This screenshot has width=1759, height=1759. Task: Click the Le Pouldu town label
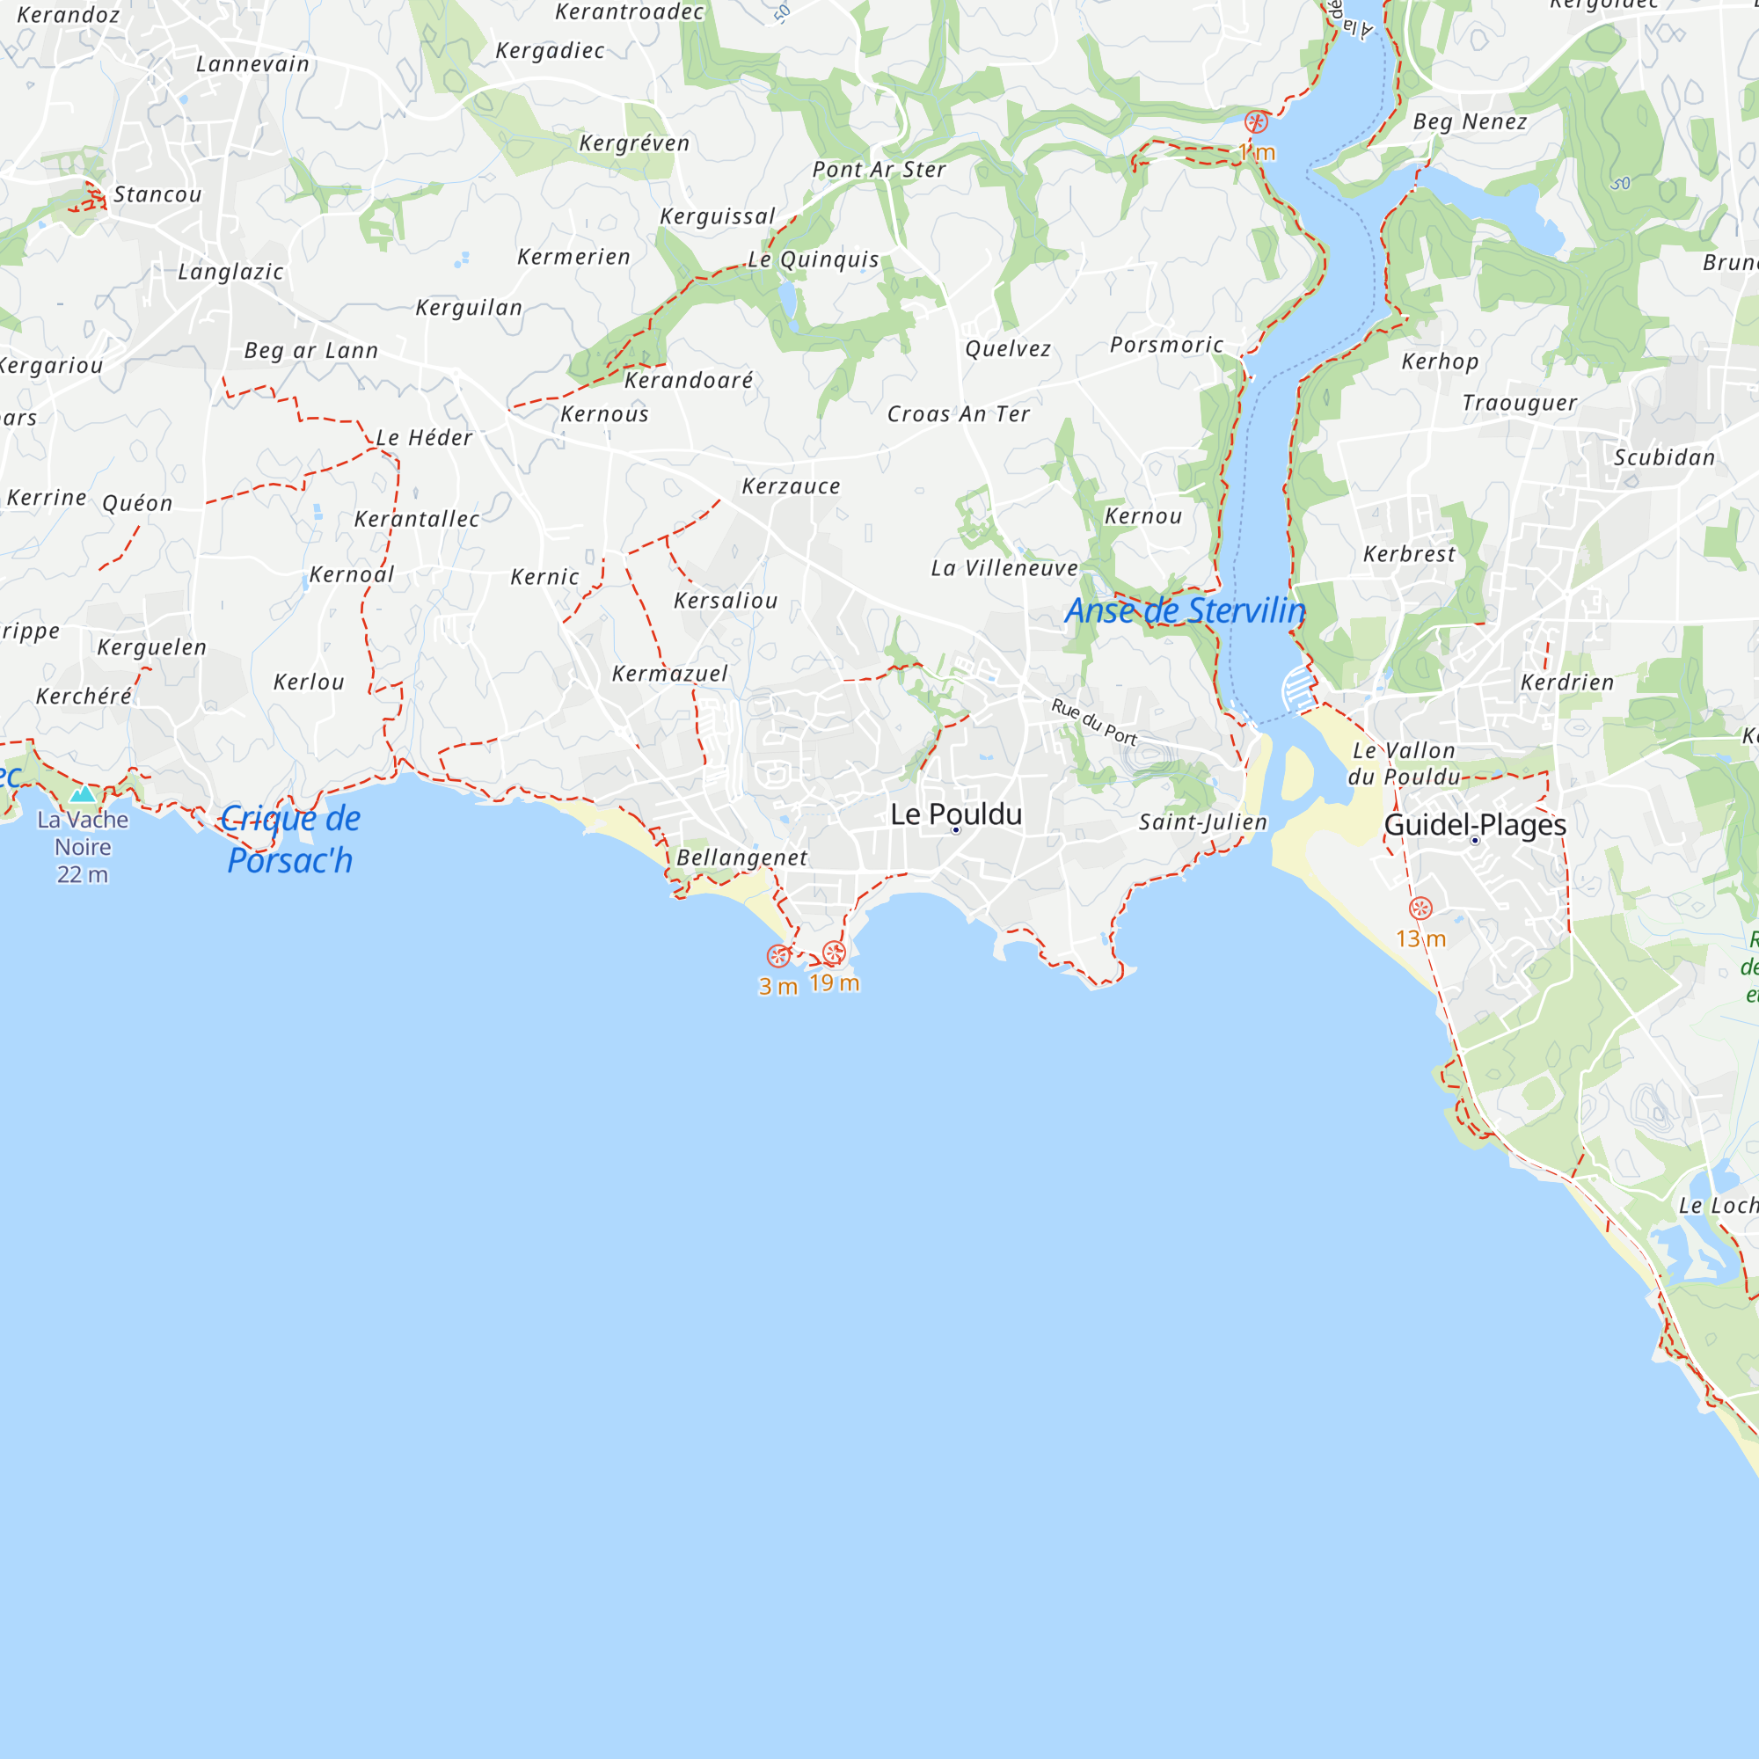956,815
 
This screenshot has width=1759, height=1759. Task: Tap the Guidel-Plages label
1474,825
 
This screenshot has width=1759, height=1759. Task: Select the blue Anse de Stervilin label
1186,611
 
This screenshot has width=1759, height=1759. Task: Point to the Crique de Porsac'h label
290,839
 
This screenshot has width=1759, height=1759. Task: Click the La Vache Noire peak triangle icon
83,794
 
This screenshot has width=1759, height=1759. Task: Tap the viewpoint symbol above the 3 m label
777,955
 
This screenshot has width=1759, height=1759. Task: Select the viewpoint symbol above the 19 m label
834,952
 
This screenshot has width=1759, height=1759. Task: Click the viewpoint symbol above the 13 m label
1420,908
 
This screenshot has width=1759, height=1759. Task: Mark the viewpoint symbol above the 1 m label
1257,122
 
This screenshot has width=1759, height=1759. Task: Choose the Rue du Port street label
1094,721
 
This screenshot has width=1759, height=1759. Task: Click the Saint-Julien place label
1202,822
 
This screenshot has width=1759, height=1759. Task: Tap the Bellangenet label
742,858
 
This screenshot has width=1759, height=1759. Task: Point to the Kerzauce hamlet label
792,486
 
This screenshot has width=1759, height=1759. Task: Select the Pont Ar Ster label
879,170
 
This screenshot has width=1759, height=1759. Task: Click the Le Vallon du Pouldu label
1404,763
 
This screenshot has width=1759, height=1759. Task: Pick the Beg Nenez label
1471,122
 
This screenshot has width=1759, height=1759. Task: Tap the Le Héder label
424,438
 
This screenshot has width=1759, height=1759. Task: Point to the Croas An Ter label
959,414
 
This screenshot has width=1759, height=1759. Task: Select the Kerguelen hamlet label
152,647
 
